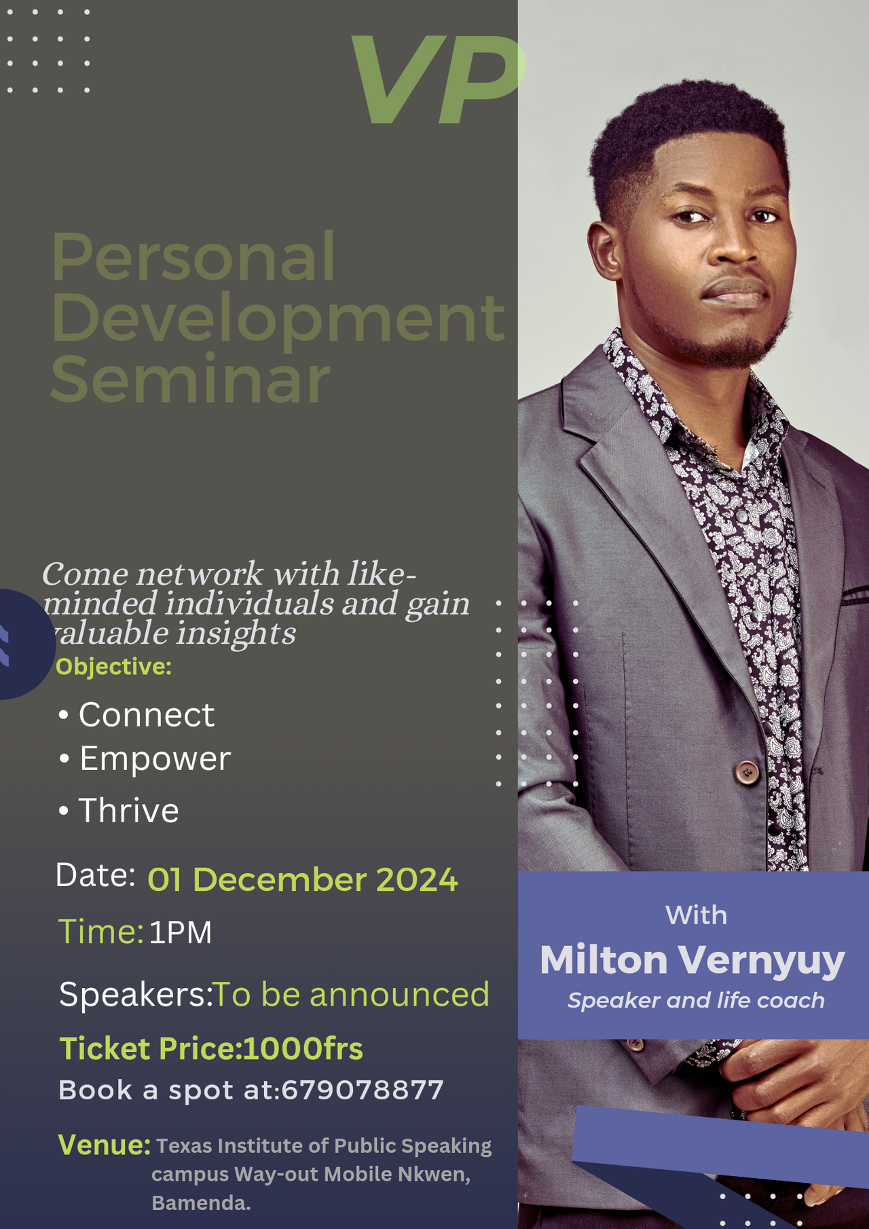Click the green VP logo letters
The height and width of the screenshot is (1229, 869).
point(438,80)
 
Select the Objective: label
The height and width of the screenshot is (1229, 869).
point(114,667)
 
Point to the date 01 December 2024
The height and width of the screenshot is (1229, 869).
point(303,879)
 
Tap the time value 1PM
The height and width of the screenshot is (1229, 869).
point(181,932)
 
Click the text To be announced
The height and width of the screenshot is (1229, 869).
point(351,995)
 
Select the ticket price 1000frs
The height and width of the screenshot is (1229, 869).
point(303,1048)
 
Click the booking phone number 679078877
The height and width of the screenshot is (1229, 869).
point(362,1090)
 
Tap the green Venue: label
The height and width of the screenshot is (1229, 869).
point(105,1145)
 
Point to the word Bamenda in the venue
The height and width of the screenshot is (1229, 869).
point(201,1203)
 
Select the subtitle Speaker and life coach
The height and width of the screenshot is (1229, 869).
point(696,1000)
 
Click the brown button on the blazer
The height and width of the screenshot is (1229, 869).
point(747,772)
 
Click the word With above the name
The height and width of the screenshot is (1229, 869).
point(696,915)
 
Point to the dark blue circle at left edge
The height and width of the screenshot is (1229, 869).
point(26,644)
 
